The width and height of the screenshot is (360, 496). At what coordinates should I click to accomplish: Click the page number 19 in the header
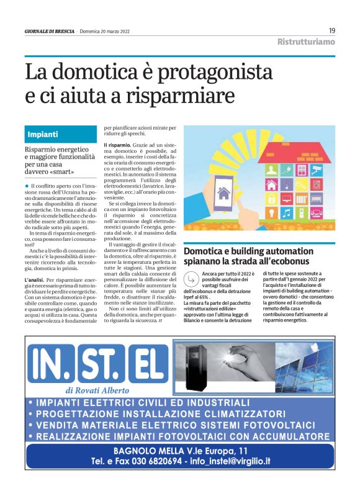point(332,30)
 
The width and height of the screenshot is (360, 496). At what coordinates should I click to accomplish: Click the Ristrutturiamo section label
point(305,42)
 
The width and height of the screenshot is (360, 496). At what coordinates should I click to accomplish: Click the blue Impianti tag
point(43,134)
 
